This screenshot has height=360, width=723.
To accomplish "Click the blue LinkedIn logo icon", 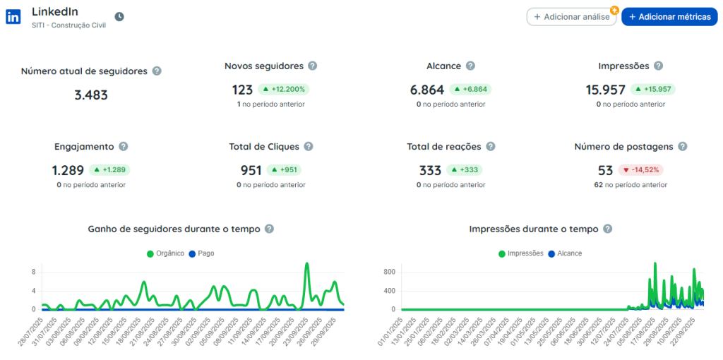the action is click(13, 17).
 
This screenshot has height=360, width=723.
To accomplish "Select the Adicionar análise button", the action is click(571, 17).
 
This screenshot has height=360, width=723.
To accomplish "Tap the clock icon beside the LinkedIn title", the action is click(119, 17).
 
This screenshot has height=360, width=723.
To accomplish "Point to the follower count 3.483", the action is click(91, 95).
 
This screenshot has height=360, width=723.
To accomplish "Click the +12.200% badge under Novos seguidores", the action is click(284, 90).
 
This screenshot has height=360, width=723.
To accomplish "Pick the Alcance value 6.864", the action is click(427, 90).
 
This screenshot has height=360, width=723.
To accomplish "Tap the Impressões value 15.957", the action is click(605, 90).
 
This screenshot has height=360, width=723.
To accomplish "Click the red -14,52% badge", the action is click(641, 170).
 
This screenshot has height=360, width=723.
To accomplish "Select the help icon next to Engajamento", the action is click(123, 147).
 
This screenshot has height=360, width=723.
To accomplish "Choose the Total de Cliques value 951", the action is click(251, 170).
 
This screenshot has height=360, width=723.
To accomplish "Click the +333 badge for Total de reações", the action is click(465, 170).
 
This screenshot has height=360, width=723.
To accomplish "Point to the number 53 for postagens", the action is click(605, 170).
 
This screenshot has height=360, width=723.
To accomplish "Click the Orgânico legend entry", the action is click(165, 253).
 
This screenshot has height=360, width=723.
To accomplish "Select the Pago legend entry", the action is click(201, 253).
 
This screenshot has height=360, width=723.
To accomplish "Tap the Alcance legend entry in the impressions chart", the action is click(565, 253).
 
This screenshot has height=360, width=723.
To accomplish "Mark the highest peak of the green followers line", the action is click(307, 263).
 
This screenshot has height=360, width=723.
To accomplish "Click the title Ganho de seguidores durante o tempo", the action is click(174, 229).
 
